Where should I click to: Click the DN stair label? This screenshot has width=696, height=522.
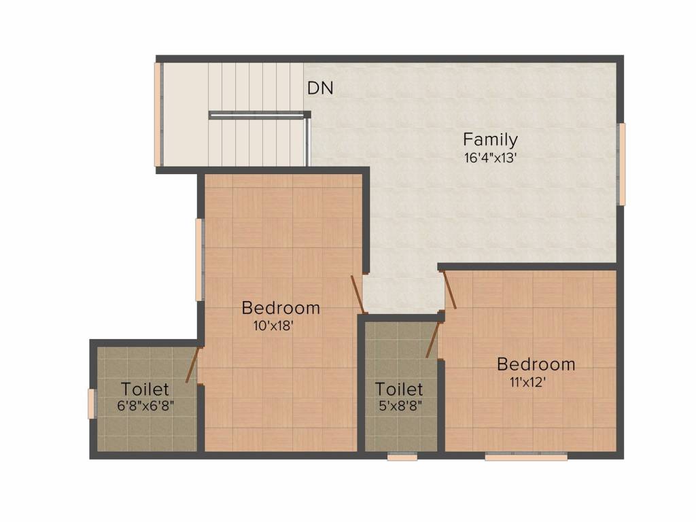click(320, 88)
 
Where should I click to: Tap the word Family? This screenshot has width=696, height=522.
click(490, 140)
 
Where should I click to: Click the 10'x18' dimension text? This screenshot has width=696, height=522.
click(273, 326)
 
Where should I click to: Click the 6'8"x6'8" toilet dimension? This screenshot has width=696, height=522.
click(146, 407)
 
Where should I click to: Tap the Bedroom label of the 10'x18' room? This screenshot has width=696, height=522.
click(281, 308)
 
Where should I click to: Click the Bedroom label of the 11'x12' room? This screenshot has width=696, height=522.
click(536, 364)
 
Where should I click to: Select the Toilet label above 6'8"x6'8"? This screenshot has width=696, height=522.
click(145, 389)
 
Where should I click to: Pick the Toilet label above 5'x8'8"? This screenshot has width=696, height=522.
click(399, 389)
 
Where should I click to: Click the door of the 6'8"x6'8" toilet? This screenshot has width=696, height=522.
click(193, 364)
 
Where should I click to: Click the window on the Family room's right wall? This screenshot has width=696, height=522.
click(621, 164)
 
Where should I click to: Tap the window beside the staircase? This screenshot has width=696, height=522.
click(158, 114)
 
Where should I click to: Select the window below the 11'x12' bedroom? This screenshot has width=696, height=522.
click(526, 457)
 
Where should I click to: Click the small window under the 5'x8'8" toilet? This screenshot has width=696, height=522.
click(402, 457)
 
